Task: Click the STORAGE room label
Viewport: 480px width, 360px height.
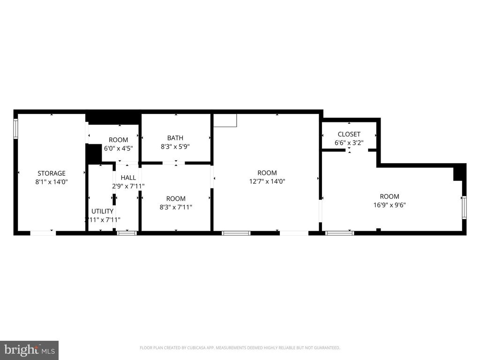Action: (52, 173)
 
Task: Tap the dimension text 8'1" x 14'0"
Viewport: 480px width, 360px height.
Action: (52, 182)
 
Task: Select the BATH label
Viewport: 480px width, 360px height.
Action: (175, 138)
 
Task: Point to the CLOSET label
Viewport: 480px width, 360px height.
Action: (349, 135)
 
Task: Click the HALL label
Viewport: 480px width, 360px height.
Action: (128, 178)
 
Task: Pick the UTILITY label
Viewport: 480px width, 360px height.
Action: (102, 211)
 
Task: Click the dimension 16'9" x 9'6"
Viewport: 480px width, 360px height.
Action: (389, 205)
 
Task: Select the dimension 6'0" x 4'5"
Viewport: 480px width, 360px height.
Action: (118, 148)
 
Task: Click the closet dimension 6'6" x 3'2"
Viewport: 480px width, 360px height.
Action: (349, 142)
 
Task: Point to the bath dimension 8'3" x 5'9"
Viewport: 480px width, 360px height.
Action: (175, 146)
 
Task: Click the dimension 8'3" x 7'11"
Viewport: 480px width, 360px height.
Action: (176, 207)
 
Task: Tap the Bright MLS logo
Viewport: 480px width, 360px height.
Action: (29, 350)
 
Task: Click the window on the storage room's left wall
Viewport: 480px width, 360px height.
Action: (15, 129)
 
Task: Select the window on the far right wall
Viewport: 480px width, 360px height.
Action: (464, 208)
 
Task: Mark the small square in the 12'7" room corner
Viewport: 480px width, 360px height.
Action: (225, 120)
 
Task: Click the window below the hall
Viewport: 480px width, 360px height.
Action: (127, 233)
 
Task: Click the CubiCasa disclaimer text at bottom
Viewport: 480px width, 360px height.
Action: (240, 348)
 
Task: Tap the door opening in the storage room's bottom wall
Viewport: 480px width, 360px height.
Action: (43, 233)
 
